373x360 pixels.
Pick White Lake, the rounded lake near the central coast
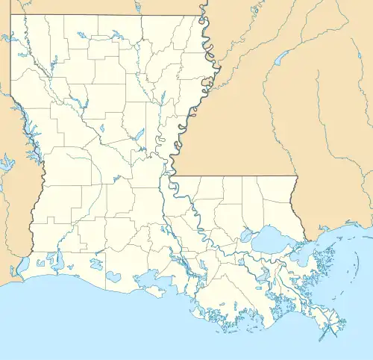[112, 276]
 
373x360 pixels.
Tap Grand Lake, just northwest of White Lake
[95, 264]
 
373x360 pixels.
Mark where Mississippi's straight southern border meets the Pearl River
[296, 177]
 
